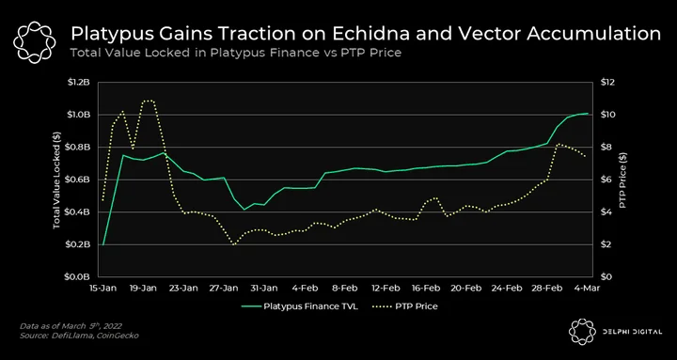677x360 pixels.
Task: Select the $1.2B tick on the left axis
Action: (78, 82)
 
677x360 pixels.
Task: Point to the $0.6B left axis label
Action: (78, 180)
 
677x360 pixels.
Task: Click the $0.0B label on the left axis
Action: (78, 277)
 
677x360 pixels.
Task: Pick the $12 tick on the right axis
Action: (603, 82)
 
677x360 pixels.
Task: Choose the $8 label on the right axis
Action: (602, 148)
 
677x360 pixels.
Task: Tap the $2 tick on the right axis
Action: (602, 244)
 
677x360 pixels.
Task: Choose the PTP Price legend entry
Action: (403, 306)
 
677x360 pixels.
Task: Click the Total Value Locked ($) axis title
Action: (56, 180)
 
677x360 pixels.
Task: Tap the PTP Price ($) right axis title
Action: (622, 180)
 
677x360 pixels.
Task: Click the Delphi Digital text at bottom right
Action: (633, 332)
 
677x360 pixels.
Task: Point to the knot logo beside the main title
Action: (35, 42)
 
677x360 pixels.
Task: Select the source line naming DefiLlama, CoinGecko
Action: (79, 336)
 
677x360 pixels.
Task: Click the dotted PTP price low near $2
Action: (234, 244)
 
